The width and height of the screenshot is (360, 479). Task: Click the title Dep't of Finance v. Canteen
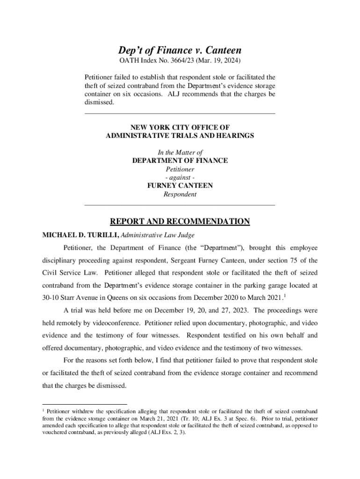click(x=180, y=51)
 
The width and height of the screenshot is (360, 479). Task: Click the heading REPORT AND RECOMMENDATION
click(x=180, y=221)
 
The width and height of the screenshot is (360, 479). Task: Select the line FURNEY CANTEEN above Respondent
click(x=180, y=186)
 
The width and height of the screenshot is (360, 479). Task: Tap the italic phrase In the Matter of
click(x=180, y=152)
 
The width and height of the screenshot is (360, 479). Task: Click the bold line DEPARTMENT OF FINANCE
click(x=180, y=160)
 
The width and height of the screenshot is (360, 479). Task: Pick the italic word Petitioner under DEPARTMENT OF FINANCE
click(x=180, y=169)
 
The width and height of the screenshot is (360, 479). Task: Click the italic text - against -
click(x=180, y=177)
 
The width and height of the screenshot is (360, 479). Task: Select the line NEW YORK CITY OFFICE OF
click(x=180, y=127)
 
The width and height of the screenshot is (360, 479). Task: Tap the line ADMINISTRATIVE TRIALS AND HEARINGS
click(x=180, y=135)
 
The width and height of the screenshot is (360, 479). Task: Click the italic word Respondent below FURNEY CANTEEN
click(x=180, y=194)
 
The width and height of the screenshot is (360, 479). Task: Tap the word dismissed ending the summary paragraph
click(x=99, y=102)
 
